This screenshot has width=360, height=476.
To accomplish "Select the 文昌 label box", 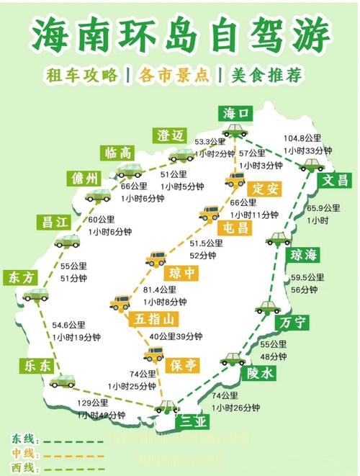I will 336,179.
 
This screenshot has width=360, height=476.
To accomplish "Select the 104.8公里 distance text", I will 302,138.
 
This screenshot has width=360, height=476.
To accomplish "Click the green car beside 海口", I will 234,131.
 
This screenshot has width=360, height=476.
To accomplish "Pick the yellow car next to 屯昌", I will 209,213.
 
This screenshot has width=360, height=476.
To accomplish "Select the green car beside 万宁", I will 267,307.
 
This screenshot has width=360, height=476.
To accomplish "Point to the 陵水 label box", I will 261,372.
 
